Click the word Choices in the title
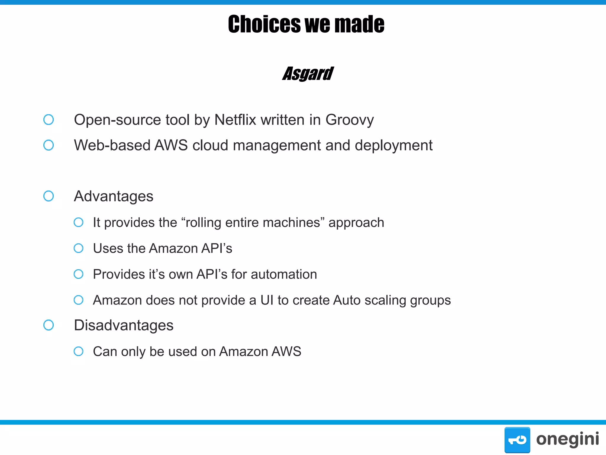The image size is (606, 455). click(264, 24)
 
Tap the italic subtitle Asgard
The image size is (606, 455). click(308, 74)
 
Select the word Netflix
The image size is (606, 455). click(235, 120)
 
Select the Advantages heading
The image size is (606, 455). click(114, 196)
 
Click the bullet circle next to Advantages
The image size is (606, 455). click(49, 196)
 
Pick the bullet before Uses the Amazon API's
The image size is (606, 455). click(78, 248)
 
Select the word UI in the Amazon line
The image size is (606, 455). click(267, 300)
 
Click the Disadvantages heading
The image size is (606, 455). click(124, 325)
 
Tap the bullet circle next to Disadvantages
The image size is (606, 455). click(49, 325)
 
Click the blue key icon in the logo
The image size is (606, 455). click(517, 440)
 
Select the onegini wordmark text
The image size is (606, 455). click(567, 439)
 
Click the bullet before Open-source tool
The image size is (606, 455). click(49, 120)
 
